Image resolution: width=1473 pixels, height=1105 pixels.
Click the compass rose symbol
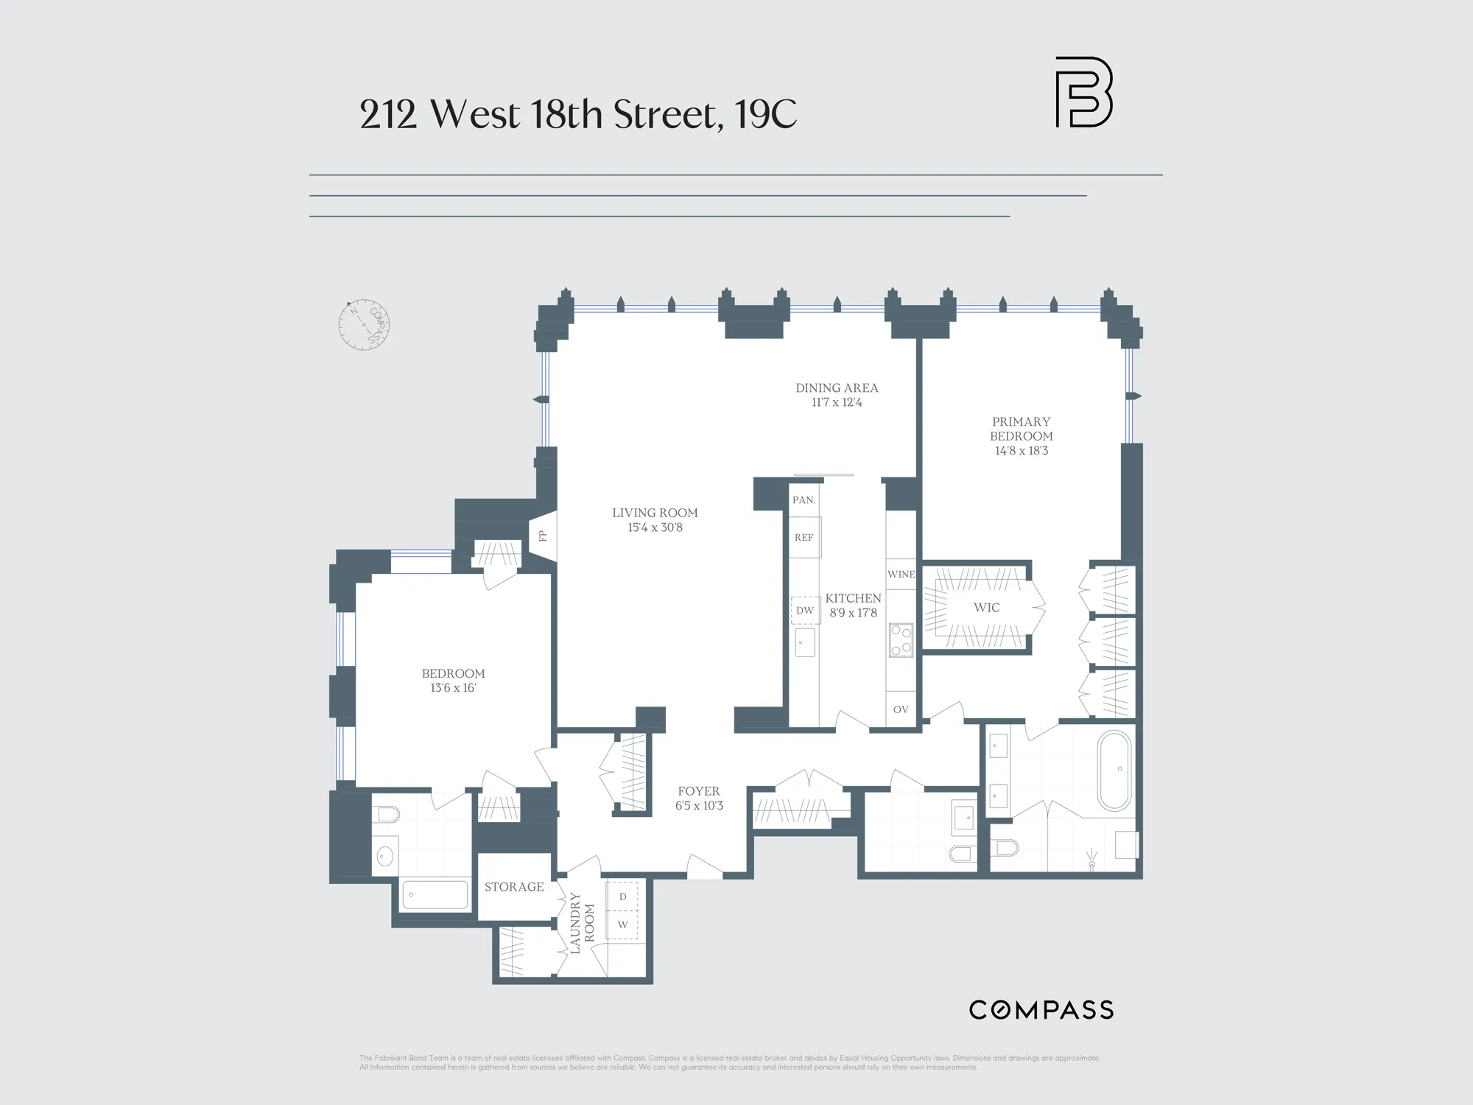tap(364, 325)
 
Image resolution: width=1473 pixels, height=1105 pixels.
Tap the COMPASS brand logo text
tap(1041, 1010)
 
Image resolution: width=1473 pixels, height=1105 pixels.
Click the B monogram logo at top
tap(1083, 92)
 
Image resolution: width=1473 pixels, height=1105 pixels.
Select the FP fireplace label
tap(543, 536)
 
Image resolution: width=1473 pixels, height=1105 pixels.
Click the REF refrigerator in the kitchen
tap(804, 538)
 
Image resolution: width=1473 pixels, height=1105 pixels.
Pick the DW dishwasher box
tap(805, 610)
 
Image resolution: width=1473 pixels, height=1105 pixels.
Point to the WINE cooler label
tap(901, 575)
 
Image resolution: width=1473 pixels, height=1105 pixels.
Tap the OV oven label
tap(901, 709)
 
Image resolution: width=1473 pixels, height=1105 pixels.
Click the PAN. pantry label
tap(804, 500)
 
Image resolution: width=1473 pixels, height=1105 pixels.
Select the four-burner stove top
tap(901, 640)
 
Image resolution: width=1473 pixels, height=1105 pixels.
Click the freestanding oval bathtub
tap(1115, 771)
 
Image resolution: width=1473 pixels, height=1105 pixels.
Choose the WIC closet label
tap(986, 608)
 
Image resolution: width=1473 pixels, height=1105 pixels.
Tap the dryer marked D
tap(623, 897)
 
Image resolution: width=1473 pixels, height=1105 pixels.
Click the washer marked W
tap(623, 925)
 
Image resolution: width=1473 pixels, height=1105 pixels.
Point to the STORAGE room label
tap(514, 887)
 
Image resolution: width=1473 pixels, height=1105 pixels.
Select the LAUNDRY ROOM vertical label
tap(582, 923)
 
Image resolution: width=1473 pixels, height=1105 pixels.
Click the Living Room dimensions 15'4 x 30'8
tap(655, 527)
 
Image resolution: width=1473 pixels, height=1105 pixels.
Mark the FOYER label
tap(699, 791)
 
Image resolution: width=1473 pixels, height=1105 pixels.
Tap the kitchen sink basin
tap(804, 642)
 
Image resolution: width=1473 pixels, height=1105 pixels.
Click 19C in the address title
tap(766, 115)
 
